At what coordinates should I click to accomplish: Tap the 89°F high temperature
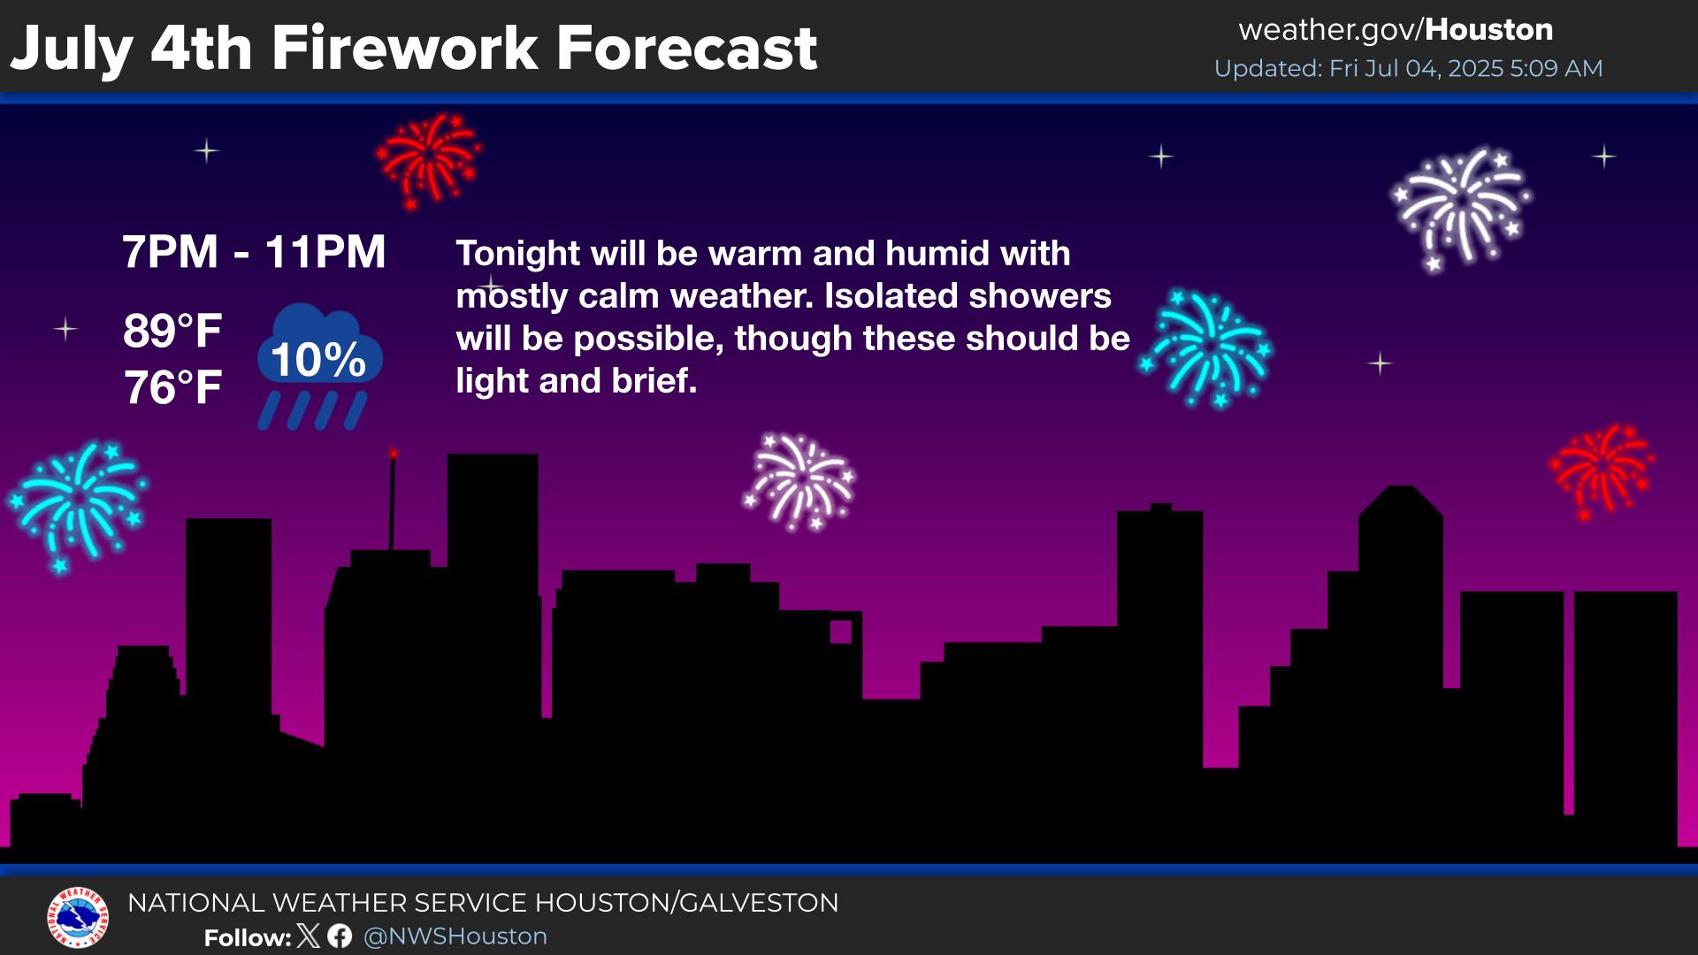click(x=172, y=332)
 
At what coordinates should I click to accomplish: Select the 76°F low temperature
click(x=172, y=388)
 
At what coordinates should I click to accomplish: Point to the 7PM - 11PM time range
click(x=254, y=252)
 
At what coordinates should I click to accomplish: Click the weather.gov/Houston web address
click(x=1396, y=30)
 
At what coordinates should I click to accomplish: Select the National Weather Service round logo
click(x=78, y=918)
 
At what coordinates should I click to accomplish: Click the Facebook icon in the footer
click(x=340, y=936)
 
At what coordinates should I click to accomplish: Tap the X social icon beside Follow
click(x=309, y=936)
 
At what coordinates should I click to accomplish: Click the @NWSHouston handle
click(x=455, y=936)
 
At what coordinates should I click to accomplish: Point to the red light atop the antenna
click(x=394, y=455)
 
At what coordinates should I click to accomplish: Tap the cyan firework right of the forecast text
click(x=1206, y=348)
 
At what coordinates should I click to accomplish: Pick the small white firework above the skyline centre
click(x=800, y=482)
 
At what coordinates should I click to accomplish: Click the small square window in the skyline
click(x=841, y=631)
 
